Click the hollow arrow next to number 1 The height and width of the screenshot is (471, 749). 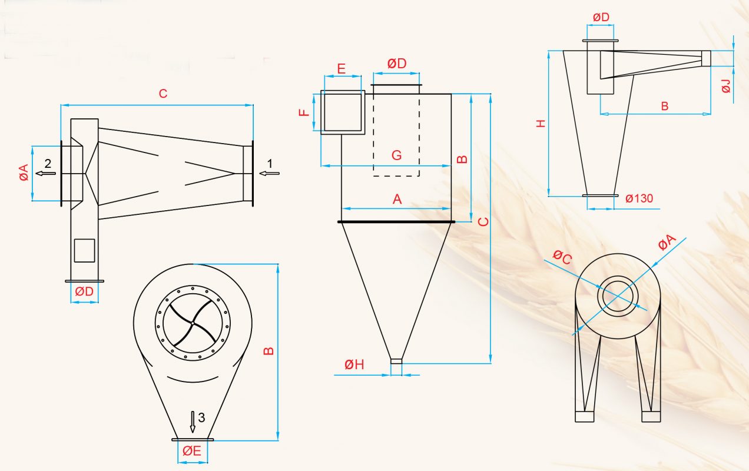pos(269,173)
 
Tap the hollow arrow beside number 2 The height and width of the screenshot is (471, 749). pos(46,173)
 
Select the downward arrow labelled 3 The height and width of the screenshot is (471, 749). pos(193,422)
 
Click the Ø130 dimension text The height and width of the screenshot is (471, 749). pos(639,198)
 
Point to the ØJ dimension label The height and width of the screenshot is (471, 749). pos(726,86)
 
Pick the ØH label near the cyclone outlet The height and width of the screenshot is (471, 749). pos(354,364)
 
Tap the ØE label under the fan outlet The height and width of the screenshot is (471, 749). pos(192,452)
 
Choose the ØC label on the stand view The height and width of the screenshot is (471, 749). pos(562,257)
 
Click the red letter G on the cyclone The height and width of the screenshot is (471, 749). pos(396,155)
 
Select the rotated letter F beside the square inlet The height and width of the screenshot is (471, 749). pos(304,112)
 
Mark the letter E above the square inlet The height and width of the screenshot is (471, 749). pos(341,69)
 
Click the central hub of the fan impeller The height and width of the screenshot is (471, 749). pos(193,323)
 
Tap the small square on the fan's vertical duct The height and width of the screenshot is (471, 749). pos(84,250)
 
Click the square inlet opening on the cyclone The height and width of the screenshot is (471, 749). pos(343,112)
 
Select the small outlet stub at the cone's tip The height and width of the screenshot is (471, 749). pos(396,361)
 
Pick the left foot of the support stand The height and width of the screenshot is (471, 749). pos(585,416)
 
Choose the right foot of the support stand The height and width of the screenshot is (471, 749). pos(651,416)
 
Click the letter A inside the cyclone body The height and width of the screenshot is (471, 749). pos(397,200)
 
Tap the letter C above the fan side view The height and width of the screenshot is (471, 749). pos(163,94)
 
